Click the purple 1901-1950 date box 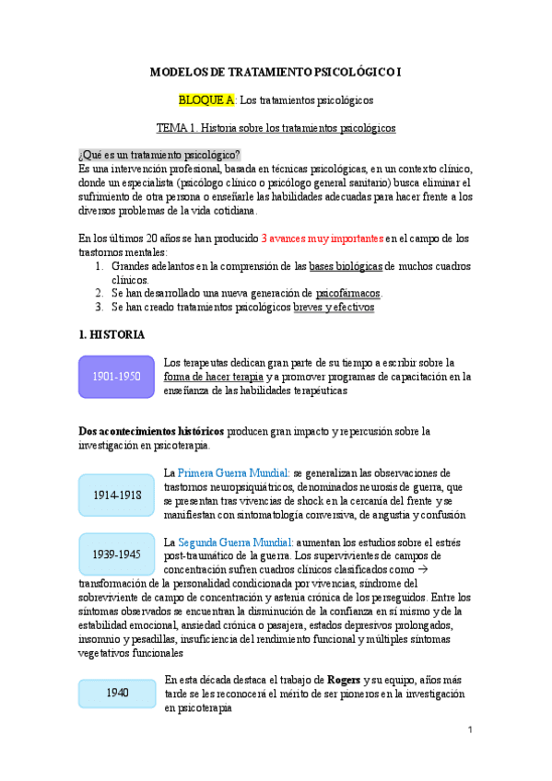(116, 376)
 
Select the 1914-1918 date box (117, 495)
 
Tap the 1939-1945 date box (117, 554)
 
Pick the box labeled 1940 (117, 693)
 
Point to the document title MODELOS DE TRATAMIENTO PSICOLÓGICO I (276, 71)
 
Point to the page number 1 (469, 730)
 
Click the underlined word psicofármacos (341, 294)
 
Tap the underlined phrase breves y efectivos (333, 308)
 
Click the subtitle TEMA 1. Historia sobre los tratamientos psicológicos (276, 128)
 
